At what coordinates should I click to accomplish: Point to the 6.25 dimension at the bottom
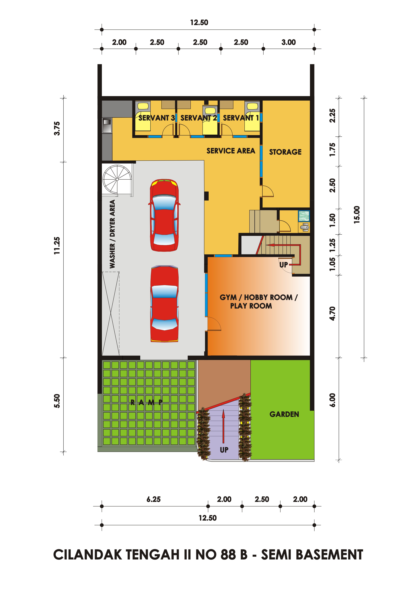point(153,499)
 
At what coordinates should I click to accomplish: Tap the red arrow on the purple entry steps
point(223,426)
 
